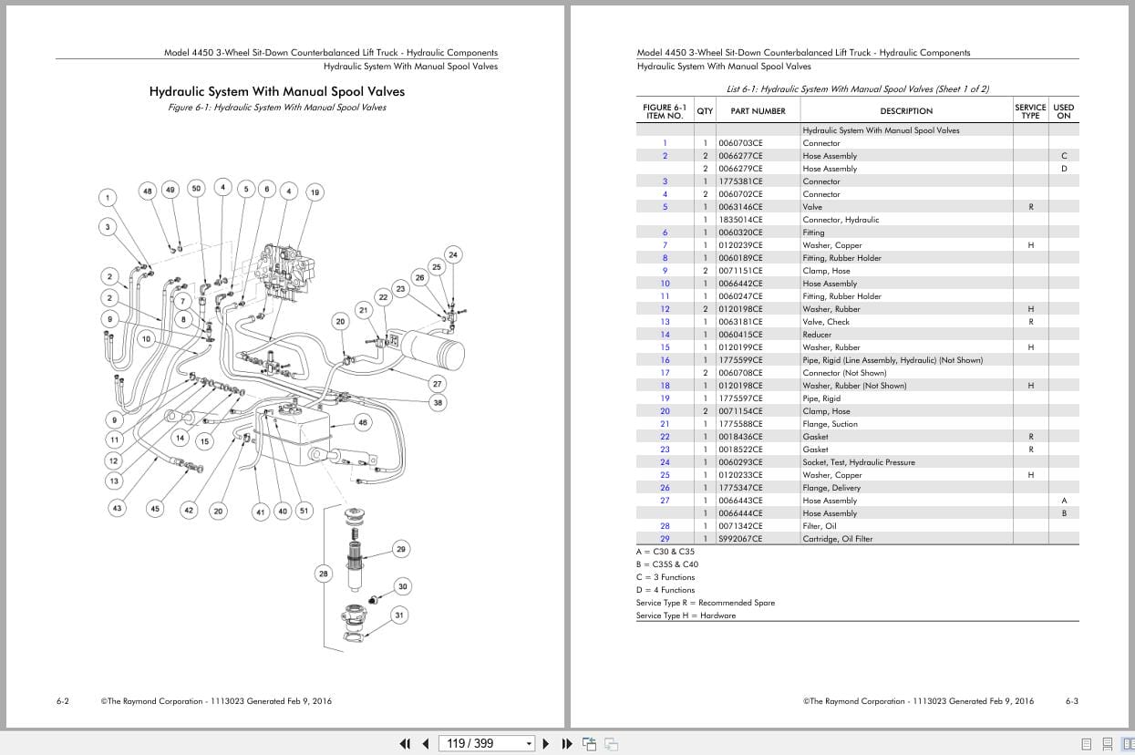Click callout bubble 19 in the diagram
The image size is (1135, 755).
pos(315,192)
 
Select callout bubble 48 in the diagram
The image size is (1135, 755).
pos(148,191)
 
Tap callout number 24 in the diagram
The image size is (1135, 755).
pos(453,254)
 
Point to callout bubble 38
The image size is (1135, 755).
pos(438,402)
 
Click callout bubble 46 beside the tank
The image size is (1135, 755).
pos(363,422)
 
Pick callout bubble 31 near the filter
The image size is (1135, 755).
pos(399,615)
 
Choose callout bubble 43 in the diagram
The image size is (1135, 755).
pos(117,508)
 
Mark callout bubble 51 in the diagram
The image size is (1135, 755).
pos(304,511)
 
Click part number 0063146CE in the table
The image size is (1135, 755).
pos(740,207)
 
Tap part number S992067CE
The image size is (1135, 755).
pos(740,539)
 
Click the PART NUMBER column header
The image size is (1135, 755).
pos(757,111)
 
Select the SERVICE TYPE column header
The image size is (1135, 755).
pos(1030,111)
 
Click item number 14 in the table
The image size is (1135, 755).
pos(665,335)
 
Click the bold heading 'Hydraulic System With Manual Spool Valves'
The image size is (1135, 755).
pos(276,91)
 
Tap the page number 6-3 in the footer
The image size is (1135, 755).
pos(1071,701)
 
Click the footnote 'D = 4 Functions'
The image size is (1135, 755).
pos(666,590)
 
